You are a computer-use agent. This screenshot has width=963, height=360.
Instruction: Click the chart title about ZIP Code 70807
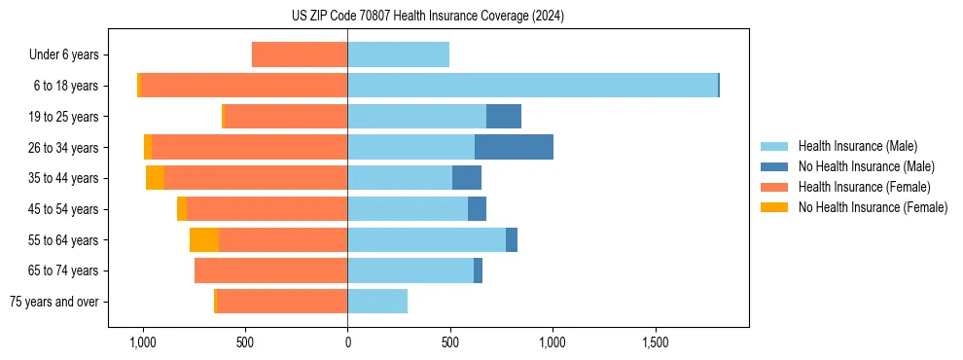[427, 17]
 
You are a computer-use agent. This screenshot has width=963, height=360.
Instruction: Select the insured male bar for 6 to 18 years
[532, 86]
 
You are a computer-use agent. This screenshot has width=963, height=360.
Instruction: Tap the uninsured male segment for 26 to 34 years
[514, 147]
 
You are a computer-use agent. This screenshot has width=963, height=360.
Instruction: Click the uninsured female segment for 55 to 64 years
[204, 239]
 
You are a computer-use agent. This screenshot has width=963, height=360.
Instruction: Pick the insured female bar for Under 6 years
[300, 54]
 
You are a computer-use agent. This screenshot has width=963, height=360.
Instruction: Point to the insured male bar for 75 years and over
[377, 302]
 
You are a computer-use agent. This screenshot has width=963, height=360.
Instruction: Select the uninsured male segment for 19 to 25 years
[504, 117]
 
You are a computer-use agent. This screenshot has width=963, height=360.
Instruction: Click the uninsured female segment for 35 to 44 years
[156, 178]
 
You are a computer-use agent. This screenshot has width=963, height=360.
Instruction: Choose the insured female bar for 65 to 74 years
[271, 270]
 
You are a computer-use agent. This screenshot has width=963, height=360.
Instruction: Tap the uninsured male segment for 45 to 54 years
[477, 209]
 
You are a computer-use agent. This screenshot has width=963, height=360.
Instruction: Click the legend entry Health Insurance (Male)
[857, 146]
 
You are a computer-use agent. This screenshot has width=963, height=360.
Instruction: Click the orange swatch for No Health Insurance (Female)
[775, 207]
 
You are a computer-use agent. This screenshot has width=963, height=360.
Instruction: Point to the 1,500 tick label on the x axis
[655, 342]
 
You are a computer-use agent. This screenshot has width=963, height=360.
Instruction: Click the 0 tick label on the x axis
[347, 342]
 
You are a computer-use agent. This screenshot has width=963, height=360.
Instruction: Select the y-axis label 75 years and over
[54, 302]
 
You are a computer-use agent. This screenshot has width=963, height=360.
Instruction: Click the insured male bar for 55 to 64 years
[426, 239]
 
